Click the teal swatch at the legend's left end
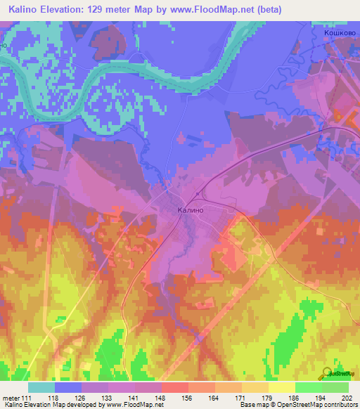(x=41, y=387)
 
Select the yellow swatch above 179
(x=281, y=387)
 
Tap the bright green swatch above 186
(x=308, y=387)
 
